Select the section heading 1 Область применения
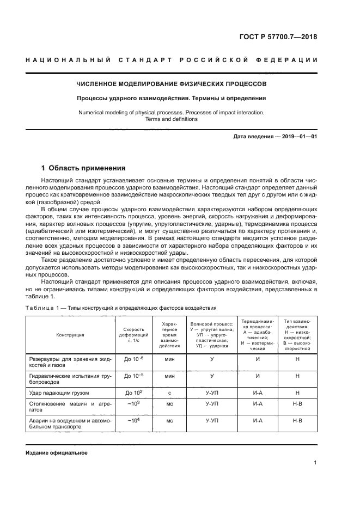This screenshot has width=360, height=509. [x=84, y=168]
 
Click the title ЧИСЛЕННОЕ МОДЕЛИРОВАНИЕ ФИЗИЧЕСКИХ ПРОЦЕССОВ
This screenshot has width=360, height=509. [x=171, y=84]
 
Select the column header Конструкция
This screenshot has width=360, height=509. [x=70, y=335]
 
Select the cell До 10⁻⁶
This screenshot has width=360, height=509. [x=133, y=359]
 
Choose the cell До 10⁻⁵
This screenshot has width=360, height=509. [x=133, y=376]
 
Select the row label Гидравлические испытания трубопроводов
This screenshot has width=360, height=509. [x=70, y=379]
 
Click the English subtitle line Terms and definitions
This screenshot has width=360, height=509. [x=171, y=119]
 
